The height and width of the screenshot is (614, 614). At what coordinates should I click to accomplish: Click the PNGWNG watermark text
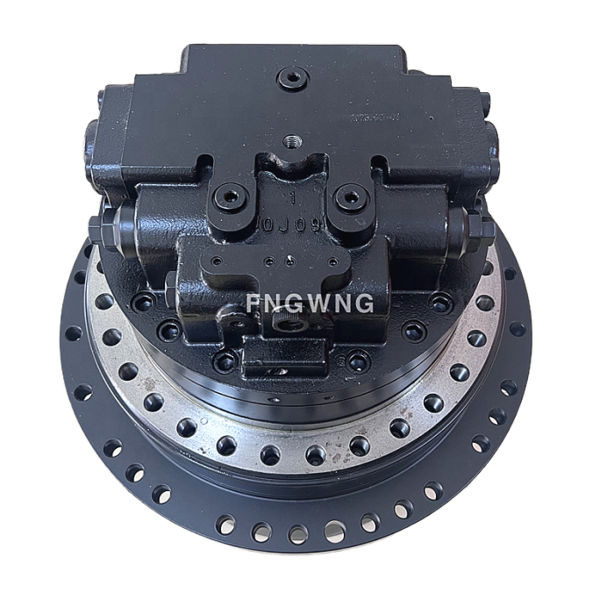[310, 303]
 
